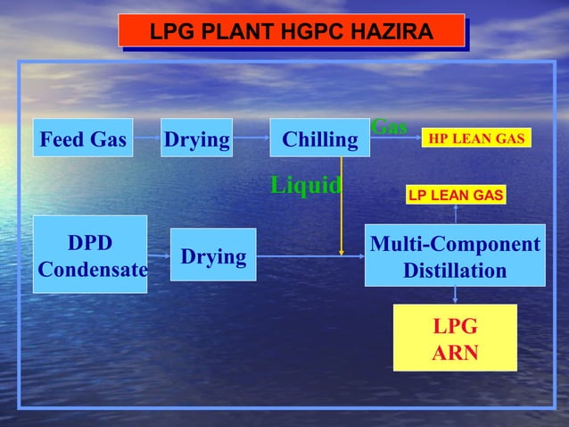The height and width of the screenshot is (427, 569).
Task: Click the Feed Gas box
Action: point(83,138)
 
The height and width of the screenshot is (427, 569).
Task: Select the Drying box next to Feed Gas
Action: point(197,138)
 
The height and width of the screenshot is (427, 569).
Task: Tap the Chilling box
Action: point(319,138)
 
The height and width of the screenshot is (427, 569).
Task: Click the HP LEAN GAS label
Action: point(476,138)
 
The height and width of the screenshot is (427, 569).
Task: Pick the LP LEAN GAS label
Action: point(456,195)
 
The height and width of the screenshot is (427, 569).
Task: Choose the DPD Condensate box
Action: point(89,255)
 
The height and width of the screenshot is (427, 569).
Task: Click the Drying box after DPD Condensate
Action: point(213,257)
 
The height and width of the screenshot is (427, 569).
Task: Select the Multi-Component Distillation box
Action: point(455,255)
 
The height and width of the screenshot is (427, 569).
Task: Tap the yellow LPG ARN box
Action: point(455,338)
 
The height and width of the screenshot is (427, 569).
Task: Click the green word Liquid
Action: point(305,185)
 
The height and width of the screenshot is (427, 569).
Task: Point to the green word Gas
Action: point(389,127)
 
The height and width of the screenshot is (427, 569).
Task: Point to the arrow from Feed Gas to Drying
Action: point(147,138)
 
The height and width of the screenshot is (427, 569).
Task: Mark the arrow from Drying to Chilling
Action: point(252,138)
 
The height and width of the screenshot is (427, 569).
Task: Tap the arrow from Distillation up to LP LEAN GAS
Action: point(456,214)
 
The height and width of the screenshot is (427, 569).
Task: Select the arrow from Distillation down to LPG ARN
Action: point(456,296)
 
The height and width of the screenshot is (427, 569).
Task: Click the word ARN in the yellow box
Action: point(455,353)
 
